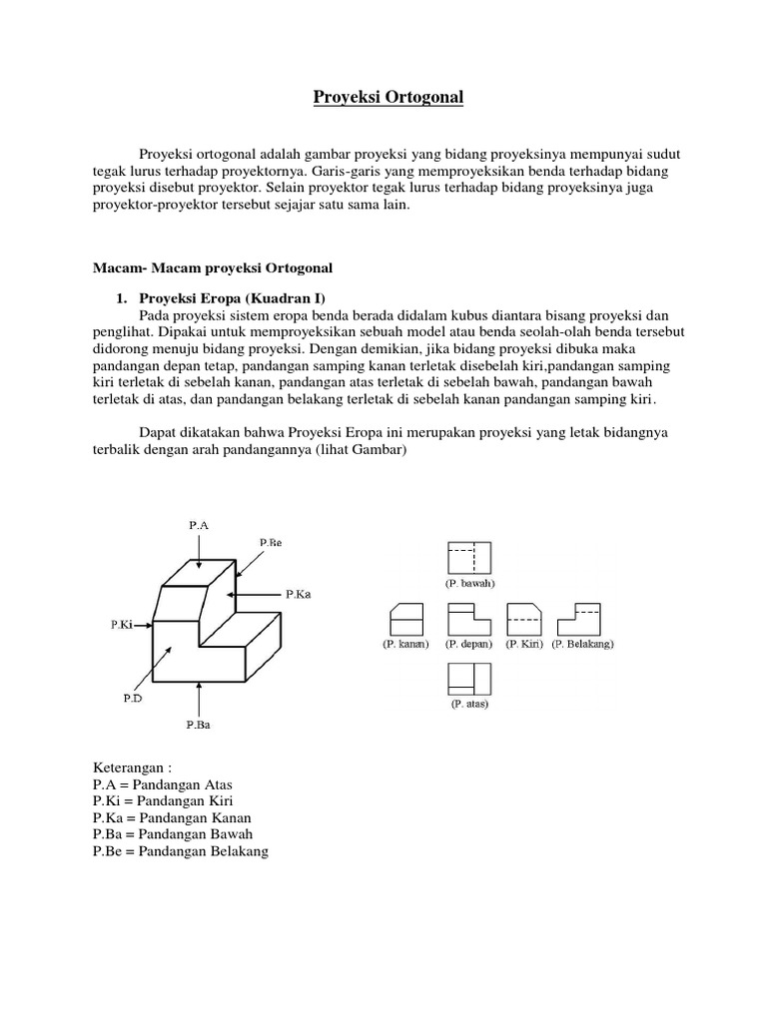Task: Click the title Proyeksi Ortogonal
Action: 383,98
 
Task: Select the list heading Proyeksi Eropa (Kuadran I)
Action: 231,297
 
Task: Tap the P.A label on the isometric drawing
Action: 200,523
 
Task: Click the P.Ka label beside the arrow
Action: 299,593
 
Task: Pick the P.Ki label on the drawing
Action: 123,624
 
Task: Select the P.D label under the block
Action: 133,699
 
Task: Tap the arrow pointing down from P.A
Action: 200,548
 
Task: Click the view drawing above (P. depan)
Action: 467,619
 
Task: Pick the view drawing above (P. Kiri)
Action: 523,619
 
